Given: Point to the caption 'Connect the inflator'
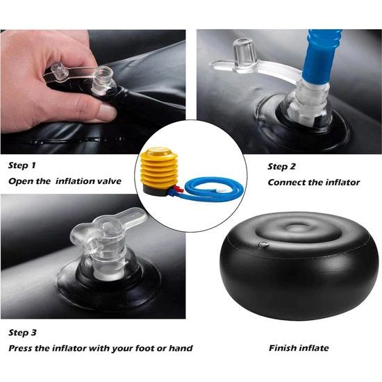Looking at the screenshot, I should pos(314,182).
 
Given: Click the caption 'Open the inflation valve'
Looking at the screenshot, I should pos(65,182).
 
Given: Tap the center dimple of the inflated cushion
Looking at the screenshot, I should pos(297,233).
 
